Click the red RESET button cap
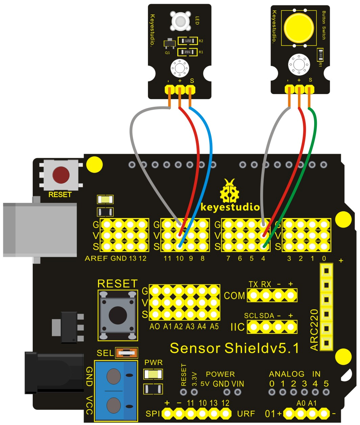(x=61, y=175)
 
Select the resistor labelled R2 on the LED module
(x=187, y=41)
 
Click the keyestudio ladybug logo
(x=230, y=191)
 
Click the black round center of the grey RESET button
(x=118, y=314)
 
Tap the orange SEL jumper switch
(x=126, y=353)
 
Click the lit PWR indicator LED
(x=153, y=374)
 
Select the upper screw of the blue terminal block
(x=114, y=376)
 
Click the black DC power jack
(x=54, y=372)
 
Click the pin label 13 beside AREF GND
(x=132, y=259)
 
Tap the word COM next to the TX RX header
(x=234, y=296)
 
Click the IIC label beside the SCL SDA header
(x=237, y=327)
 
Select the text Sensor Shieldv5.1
(x=234, y=348)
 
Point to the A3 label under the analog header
(x=190, y=326)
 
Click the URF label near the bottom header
(x=246, y=414)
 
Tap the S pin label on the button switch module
(x=310, y=80)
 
